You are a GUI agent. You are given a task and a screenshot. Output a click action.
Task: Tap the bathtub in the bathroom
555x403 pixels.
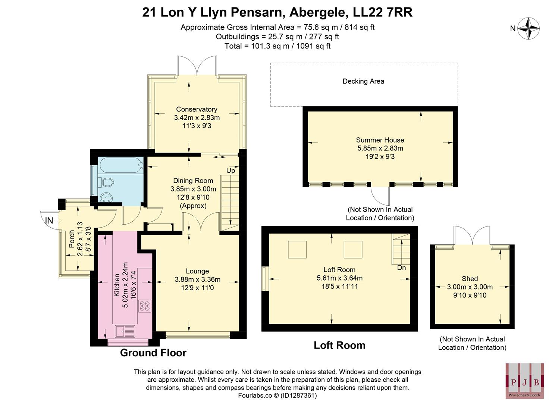[x=120, y=164]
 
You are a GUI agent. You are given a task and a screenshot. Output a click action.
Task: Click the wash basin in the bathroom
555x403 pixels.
[x=106, y=197]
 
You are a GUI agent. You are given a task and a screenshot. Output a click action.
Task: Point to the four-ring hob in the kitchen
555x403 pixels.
[x=144, y=306]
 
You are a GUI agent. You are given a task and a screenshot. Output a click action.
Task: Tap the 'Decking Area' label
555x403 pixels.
[x=363, y=81]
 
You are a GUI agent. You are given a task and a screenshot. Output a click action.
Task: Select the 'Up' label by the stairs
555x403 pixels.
[x=231, y=171]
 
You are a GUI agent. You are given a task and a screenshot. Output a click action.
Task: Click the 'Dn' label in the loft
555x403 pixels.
[x=401, y=268]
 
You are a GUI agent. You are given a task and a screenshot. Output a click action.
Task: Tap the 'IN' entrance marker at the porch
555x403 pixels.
[x=49, y=221]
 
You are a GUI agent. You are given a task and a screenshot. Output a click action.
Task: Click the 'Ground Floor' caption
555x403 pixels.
[x=153, y=353]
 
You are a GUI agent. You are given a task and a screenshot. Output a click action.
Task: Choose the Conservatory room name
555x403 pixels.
[x=197, y=109]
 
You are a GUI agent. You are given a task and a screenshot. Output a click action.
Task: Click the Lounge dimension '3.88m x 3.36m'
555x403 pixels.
[x=197, y=279]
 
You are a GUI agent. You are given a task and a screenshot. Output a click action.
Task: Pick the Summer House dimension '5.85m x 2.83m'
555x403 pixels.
[x=380, y=148]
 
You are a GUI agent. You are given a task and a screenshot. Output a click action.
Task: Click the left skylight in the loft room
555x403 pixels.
[x=297, y=250]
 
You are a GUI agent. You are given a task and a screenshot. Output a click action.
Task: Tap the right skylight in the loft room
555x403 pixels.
[x=353, y=250]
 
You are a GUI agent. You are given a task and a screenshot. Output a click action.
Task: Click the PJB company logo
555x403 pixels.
[x=524, y=380]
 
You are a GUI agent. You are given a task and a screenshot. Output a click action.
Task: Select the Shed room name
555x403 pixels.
[x=470, y=279]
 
